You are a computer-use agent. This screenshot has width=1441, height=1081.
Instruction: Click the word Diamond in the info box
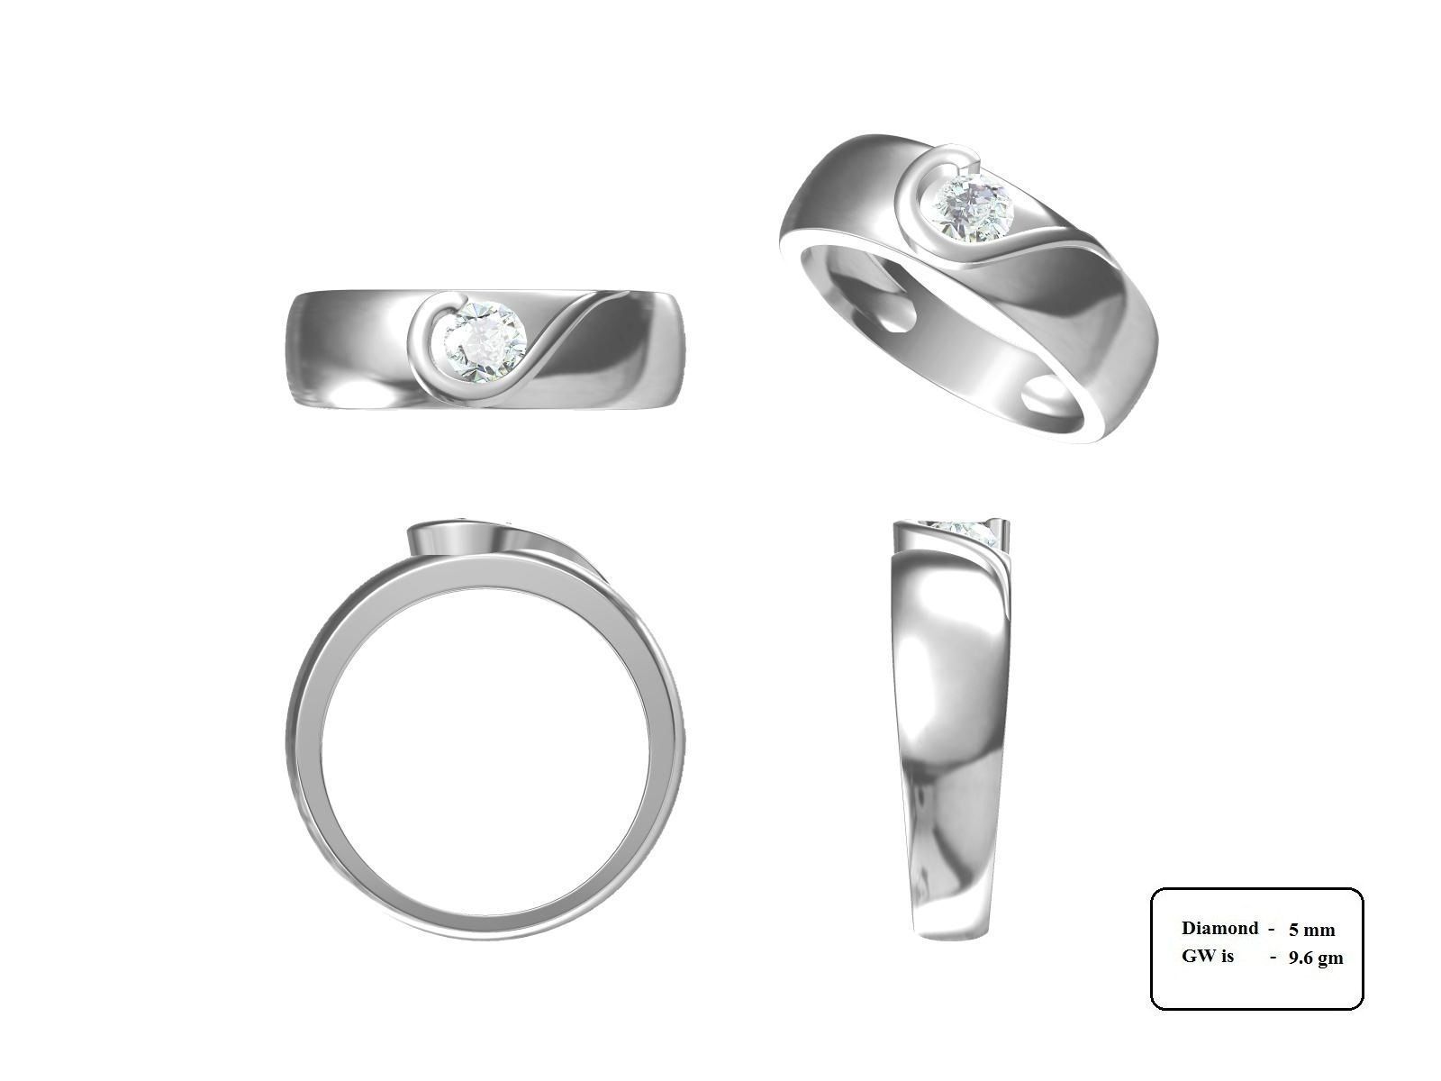1219,928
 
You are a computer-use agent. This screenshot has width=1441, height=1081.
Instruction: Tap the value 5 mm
1311,930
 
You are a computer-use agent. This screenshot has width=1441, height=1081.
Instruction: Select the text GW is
1207,956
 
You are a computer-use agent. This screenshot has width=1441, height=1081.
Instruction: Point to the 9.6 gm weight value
1315,958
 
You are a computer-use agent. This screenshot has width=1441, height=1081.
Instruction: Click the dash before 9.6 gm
1273,957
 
